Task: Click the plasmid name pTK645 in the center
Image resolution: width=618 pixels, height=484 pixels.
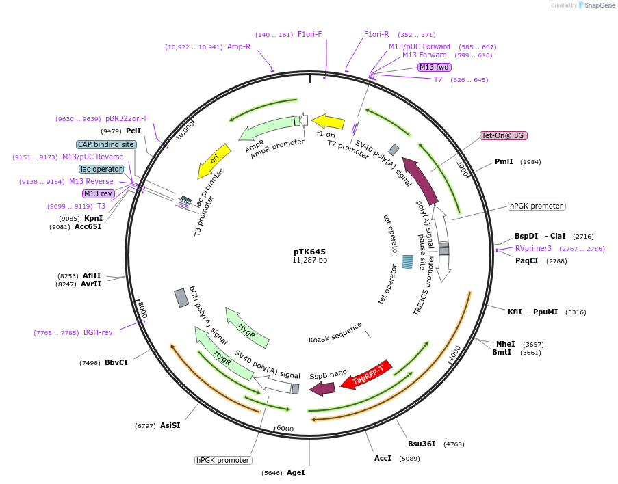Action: pos(309,251)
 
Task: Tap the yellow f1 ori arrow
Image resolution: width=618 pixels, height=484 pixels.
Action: pos(329,122)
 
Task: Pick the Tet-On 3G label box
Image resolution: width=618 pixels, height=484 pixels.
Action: pos(502,135)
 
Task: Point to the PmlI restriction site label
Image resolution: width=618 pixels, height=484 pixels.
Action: pos(503,162)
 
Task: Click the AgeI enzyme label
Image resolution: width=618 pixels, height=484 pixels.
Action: pos(296,472)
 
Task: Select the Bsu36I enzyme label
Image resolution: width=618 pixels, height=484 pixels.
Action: pos(422,444)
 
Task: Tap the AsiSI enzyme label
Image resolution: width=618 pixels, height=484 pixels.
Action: pos(170,425)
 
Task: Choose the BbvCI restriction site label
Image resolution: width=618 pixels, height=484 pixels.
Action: pos(116,362)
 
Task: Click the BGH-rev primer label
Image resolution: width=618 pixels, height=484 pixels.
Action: pos(98,333)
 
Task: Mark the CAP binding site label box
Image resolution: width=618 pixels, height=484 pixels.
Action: pos(106,144)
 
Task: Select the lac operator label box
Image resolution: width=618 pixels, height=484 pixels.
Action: pos(101,169)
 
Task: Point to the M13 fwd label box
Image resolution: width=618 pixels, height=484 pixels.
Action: pos(435,67)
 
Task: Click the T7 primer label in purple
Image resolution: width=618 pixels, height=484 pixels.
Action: pos(438,80)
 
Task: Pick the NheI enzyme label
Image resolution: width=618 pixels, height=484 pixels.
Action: pos(505,344)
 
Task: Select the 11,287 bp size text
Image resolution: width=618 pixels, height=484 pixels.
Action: pos(309,260)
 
